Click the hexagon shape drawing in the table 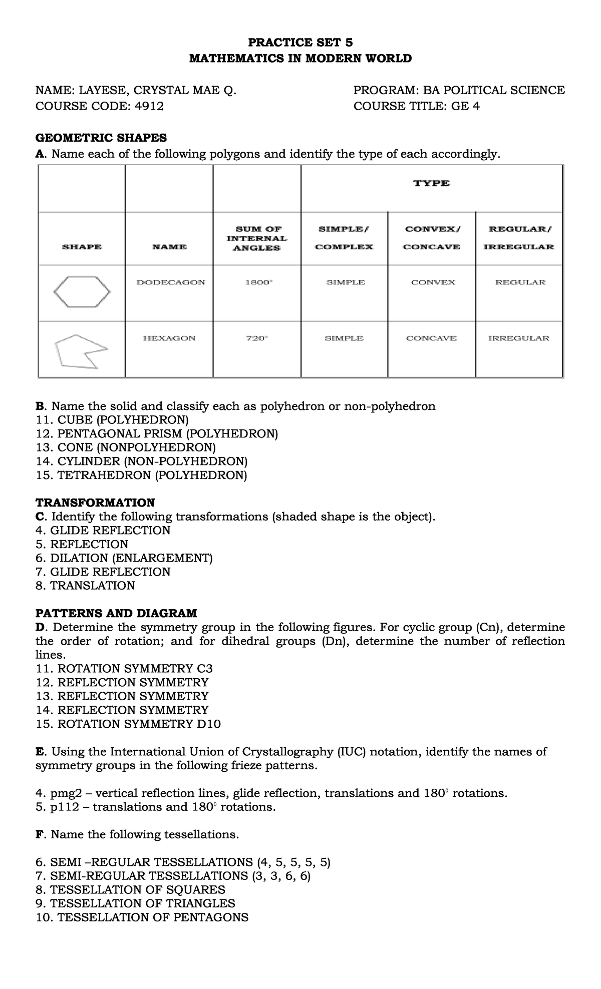point(82,293)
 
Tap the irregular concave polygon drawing point(82,351)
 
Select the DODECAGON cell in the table point(171,282)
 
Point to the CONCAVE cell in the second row point(431,338)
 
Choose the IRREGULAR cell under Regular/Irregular point(519,338)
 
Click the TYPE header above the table point(431,183)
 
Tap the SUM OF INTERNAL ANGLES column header point(257,238)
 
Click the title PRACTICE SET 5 point(300,43)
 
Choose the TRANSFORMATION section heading point(95,502)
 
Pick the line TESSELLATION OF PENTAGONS point(142,917)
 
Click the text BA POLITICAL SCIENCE point(494,90)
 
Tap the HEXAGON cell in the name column point(169,338)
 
